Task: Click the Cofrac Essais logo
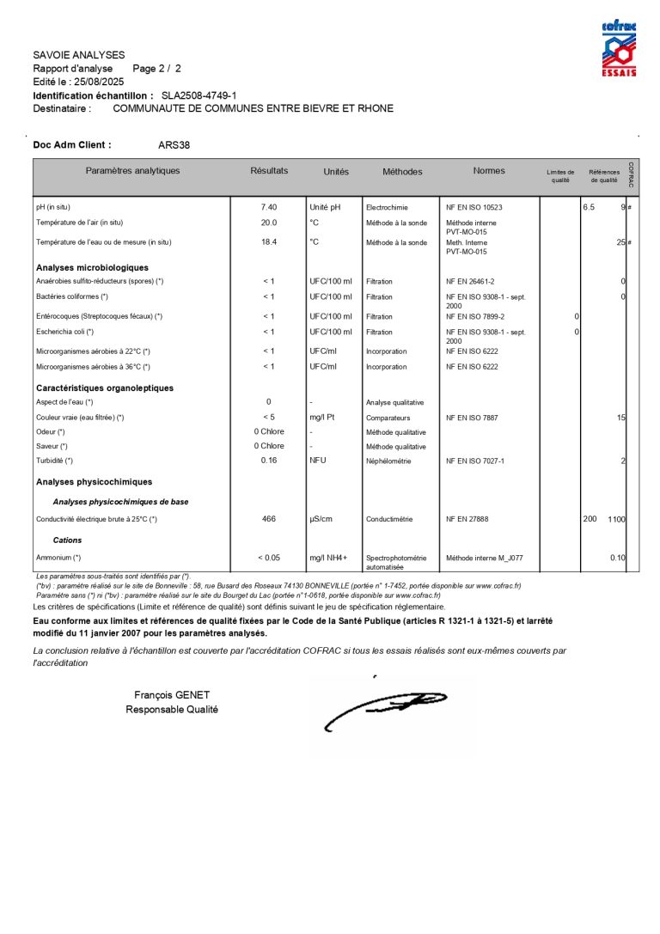(619, 49)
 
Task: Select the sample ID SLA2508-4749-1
(199, 95)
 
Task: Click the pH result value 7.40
(269, 207)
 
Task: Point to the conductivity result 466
(269, 519)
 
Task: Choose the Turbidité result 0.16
(269, 461)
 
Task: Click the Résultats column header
(269, 171)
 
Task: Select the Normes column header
(489, 171)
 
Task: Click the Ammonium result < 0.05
(269, 558)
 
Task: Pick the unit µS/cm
(321, 519)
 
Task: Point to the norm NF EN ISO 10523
(474, 208)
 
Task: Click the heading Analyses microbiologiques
(92, 268)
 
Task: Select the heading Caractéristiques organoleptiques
(105, 388)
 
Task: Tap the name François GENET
(172, 695)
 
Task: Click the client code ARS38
(174, 145)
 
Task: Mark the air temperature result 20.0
(269, 223)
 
